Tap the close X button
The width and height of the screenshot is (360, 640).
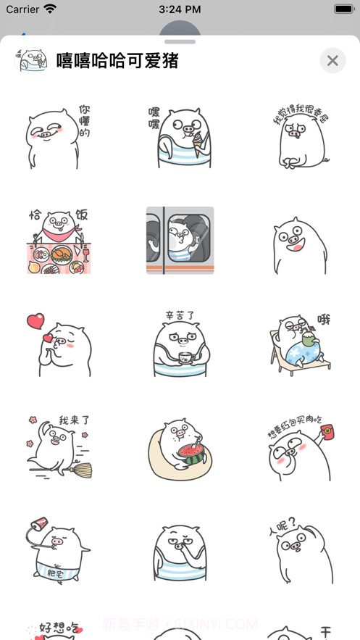point(332,61)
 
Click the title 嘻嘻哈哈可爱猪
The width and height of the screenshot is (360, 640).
point(117,61)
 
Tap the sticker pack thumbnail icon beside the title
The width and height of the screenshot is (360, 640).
point(30,61)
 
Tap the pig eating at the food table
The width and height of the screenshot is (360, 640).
point(58,241)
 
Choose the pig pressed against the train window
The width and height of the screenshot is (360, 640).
point(180,241)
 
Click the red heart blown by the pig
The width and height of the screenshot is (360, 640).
point(35,320)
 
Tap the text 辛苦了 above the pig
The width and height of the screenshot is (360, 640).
point(179,317)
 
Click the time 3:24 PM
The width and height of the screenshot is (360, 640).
point(180,9)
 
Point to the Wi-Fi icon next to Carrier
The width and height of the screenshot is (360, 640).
point(50,9)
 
